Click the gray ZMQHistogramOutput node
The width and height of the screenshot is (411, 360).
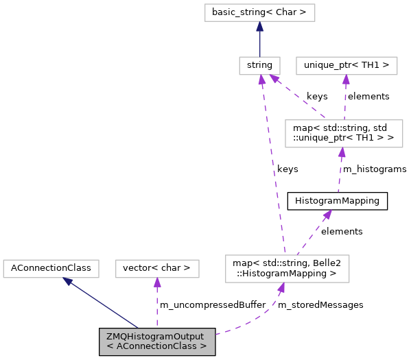(x=157, y=341)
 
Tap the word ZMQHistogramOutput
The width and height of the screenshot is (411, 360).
(x=155, y=337)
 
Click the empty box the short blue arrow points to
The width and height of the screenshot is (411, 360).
(x=259, y=12)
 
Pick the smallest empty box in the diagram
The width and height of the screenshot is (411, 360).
(x=259, y=66)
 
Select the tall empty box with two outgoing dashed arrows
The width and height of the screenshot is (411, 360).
(x=343, y=133)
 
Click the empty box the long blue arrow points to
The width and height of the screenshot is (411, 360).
(x=51, y=268)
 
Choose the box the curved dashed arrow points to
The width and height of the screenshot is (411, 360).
(x=287, y=268)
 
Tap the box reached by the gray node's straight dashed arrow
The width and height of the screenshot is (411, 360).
(x=157, y=268)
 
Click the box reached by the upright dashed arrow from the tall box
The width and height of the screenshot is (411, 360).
(x=347, y=66)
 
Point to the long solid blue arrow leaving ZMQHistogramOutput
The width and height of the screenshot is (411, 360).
(x=103, y=304)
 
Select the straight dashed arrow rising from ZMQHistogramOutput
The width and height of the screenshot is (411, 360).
(x=157, y=305)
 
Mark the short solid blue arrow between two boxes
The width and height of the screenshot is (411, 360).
(x=259, y=41)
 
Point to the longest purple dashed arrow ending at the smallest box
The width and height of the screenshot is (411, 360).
(x=272, y=165)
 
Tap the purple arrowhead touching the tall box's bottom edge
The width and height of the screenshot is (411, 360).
(x=341, y=153)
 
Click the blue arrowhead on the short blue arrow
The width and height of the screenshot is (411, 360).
(x=259, y=27)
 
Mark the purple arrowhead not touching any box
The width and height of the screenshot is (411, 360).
(x=327, y=215)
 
